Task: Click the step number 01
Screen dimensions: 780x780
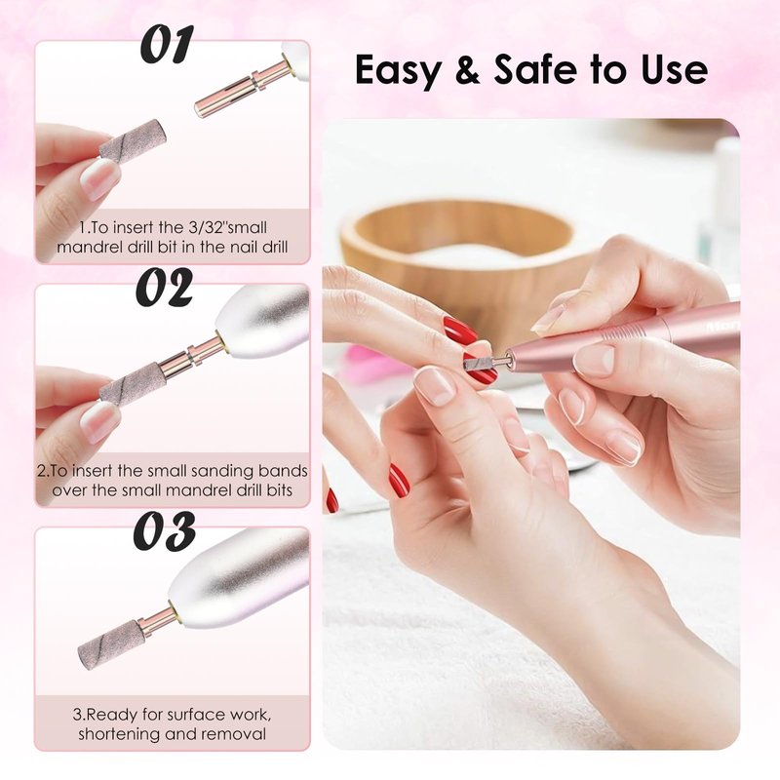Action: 166,45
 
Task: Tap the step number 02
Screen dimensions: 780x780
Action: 164,287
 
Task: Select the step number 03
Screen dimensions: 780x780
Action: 164,530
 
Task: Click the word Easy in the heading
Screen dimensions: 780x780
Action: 398,70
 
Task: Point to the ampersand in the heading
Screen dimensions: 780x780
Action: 468,69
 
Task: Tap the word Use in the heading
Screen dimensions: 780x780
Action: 675,69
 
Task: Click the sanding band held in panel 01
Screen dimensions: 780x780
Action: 133,141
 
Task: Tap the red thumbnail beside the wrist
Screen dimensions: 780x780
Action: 399,480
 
